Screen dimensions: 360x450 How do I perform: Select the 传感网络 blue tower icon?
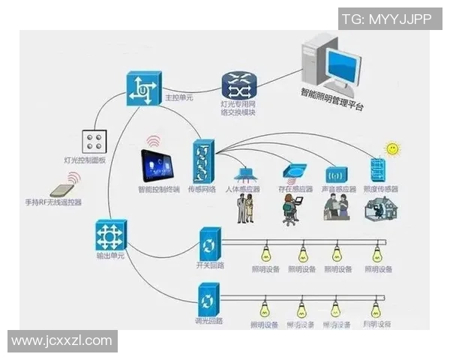click(204, 161)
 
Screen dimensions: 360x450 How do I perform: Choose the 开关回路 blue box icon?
click(209, 244)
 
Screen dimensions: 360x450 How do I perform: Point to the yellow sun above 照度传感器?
click(390, 149)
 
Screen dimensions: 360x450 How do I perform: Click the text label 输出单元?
click(110, 257)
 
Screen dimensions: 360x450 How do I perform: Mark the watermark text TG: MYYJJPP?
click(386, 19)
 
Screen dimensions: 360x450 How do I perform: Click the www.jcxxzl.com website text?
click(62, 341)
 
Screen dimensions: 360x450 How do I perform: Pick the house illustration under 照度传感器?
click(379, 209)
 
